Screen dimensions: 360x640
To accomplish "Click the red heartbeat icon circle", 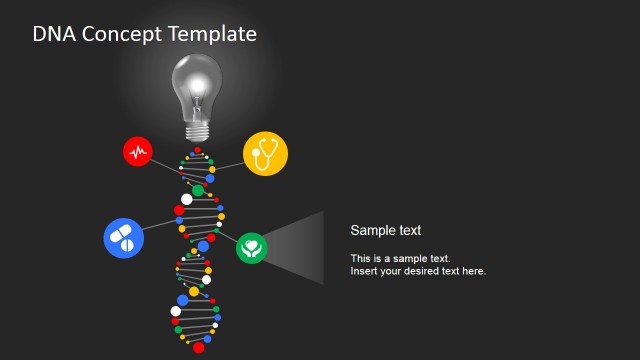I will click(x=138, y=152).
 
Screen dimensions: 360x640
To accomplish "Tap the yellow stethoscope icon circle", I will click(x=265, y=153).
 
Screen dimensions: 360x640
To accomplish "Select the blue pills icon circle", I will click(x=123, y=237).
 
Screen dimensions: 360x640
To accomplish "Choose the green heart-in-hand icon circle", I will click(x=251, y=247).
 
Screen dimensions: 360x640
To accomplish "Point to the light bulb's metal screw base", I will click(x=198, y=130).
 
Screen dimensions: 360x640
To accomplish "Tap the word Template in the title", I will click(x=211, y=34).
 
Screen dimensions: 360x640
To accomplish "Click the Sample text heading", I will click(x=385, y=230).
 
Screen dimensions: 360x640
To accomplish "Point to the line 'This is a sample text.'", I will click(x=400, y=258).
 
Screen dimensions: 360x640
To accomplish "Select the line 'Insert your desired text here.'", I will click(x=418, y=271).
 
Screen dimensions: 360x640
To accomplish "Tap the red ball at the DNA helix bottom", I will click(x=198, y=347).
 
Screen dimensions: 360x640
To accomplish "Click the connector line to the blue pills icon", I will click(x=160, y=224).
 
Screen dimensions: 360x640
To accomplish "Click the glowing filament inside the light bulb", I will click(x=197, y=85).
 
